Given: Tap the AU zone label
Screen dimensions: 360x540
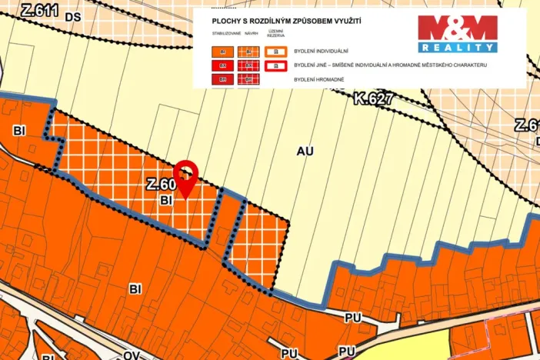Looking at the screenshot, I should (x=305, y=152).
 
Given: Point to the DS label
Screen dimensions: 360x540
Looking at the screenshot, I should (x=73, y=15).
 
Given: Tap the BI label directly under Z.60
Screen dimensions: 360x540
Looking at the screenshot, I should (x=165, y=199).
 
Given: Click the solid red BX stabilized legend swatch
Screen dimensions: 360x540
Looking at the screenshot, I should (x=224, y=66).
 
